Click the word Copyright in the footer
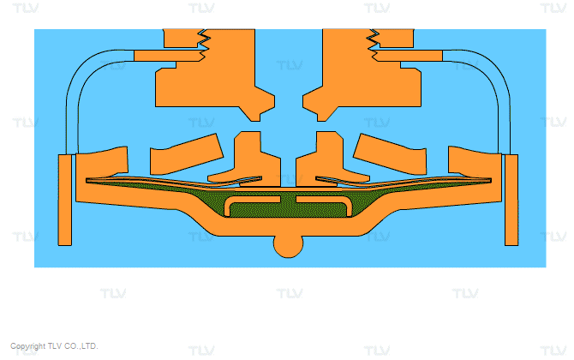[27, 346]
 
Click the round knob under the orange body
[289, 247]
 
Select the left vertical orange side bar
[65, 200]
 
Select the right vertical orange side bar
[511, 200]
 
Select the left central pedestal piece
[253, 161]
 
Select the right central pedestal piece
[324, 161]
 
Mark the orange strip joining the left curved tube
[167, 56]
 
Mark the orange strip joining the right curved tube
[410, 56]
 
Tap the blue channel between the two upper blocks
[289, 73]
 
